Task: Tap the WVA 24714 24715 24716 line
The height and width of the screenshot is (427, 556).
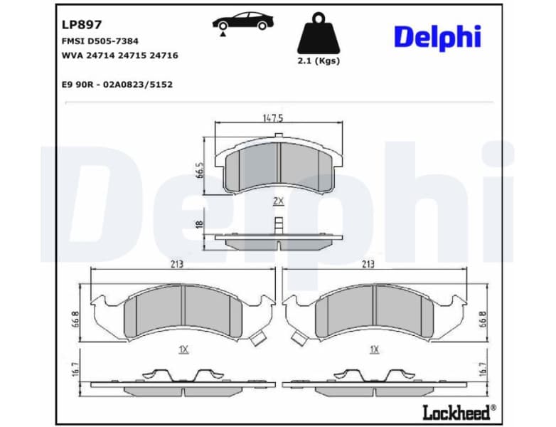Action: coord(119,55)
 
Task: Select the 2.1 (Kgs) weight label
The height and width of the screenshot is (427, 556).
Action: coord(318,61)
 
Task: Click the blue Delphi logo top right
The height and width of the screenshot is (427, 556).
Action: coord(437,37)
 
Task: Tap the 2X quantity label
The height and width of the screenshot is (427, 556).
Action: coord(278,201)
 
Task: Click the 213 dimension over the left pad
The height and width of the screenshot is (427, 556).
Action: coord(177,264)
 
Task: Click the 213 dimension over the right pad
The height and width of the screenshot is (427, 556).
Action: coord(368,264)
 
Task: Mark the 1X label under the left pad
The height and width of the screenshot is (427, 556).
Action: coord(183,350)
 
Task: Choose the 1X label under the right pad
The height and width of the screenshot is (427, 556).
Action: coord(374,350)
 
